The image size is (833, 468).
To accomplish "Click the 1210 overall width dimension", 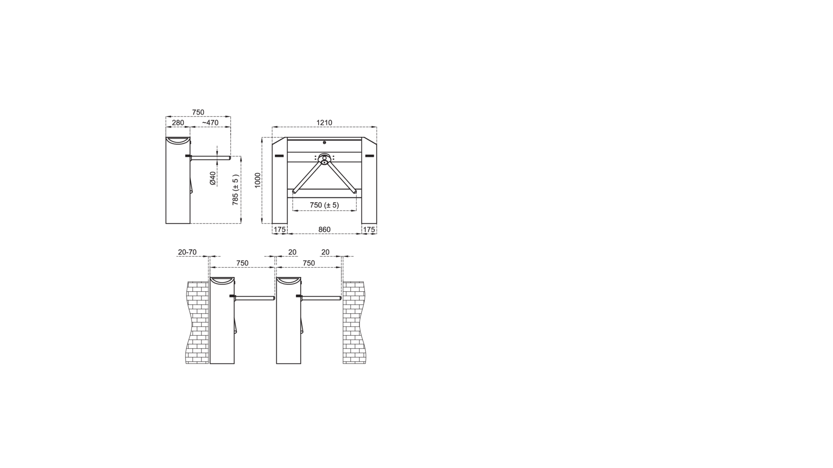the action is (324, 123).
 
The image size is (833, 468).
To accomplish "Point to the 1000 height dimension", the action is (258, 180).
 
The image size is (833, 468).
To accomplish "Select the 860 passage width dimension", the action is (324, 230).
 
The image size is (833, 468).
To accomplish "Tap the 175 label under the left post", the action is (280, 230).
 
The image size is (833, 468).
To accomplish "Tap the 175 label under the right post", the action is (369, 230).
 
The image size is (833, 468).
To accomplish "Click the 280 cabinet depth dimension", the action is (178, 123).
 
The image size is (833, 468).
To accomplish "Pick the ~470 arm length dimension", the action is (210, 123).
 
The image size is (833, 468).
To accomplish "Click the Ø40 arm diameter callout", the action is (213, 178).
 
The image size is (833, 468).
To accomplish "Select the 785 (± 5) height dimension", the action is (236, 190).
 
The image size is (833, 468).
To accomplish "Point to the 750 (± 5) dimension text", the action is (324, 205).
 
